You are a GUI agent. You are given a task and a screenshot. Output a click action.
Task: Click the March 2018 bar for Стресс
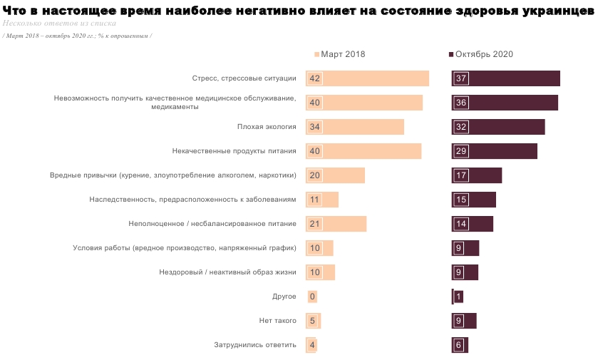(x=367, y=78)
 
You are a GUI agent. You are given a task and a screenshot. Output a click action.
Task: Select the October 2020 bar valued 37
(x=506, y=78)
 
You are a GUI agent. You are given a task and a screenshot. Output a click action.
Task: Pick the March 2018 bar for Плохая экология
(x=355, y=127)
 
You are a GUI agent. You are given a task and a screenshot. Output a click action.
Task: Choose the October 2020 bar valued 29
(x=495, y=151)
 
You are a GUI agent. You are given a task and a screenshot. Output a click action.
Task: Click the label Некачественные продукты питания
(x=234, y=151)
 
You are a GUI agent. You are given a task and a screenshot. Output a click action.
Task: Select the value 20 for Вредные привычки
(x=314, y=175)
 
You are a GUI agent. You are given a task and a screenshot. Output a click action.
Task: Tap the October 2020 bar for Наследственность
(x=474, y=200)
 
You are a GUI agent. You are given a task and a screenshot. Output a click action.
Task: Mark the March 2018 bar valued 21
(x=336, y=224)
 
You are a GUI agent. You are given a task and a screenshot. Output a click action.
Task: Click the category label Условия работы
(x=185, y=248)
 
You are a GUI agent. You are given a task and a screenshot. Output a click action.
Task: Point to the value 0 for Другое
(x=312, y=297)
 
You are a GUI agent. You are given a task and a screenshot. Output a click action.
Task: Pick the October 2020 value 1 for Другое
(x=458, y=297)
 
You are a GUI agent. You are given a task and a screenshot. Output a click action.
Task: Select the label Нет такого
(x=277, y=321)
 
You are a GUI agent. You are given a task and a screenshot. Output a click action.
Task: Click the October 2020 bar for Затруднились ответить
(x=460, y=345)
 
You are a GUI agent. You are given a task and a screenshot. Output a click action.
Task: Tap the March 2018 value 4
(x=312, y=345)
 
